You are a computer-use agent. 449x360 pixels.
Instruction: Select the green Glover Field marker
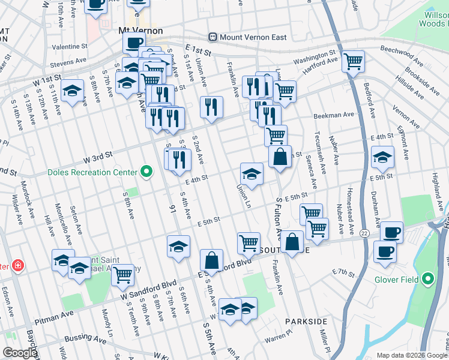[x=427, y=278]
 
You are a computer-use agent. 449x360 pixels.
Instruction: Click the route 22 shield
[x=364, y=232]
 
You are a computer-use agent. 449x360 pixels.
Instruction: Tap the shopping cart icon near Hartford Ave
[x=353, y=61]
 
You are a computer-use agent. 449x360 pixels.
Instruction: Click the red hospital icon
[x=18, y=265]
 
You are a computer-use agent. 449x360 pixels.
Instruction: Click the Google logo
[x=20, y=352]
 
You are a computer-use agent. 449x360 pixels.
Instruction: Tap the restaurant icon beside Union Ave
[x=211, y=107]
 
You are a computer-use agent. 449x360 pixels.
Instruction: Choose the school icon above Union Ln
[x=252, y=175]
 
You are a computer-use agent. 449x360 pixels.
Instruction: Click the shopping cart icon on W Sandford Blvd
[x=122, y=275]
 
